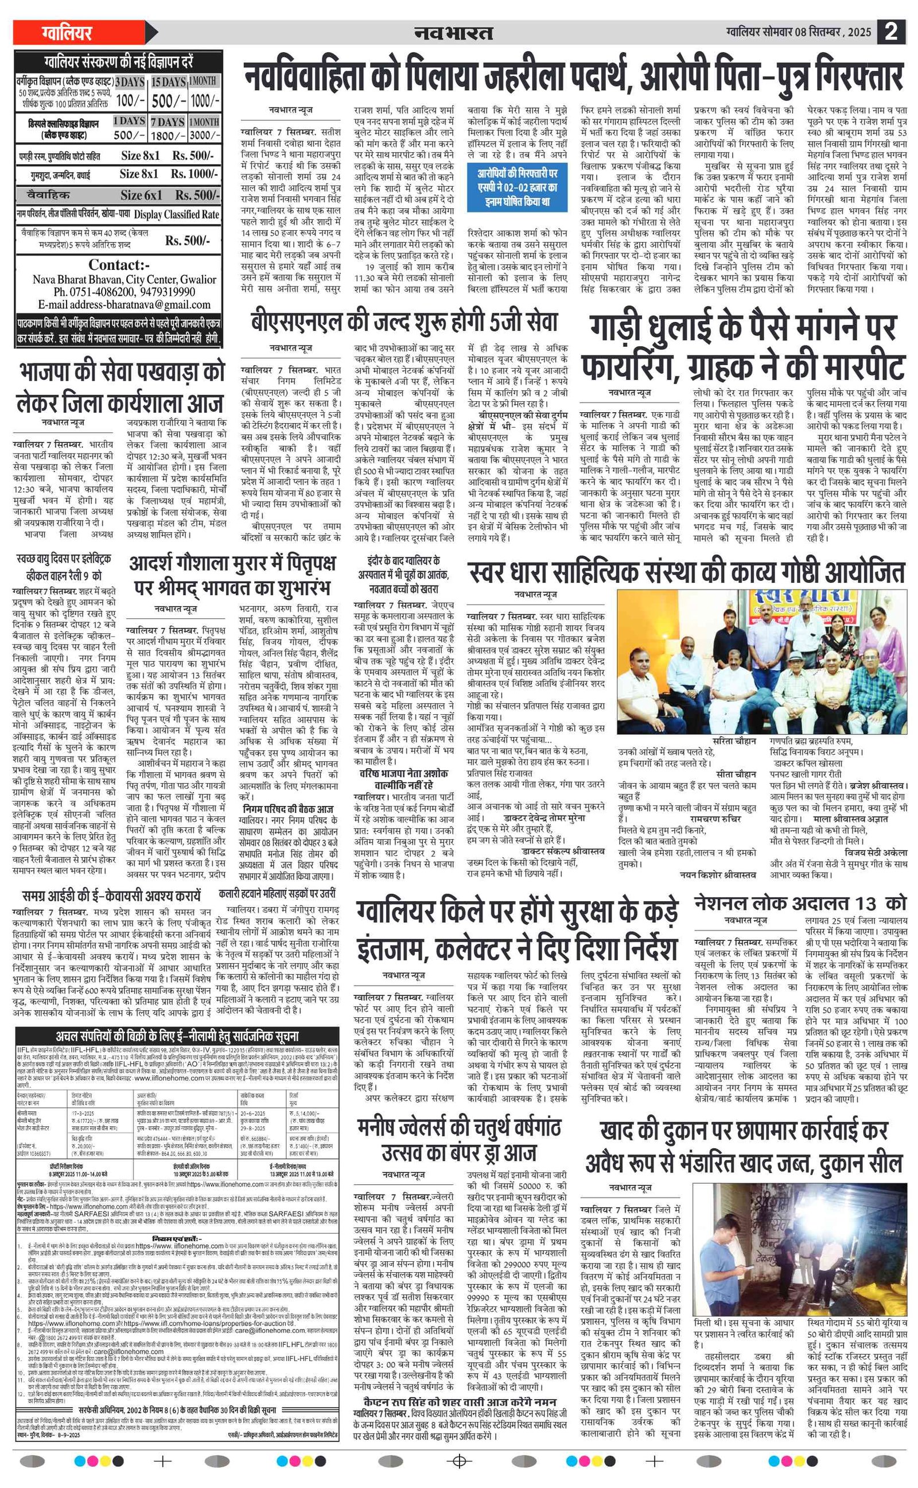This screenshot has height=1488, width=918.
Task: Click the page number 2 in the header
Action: tap(890, 32)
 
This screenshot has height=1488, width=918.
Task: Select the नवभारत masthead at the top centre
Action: tap(453, 33)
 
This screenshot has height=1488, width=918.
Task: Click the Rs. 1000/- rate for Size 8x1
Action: tap(193, 175)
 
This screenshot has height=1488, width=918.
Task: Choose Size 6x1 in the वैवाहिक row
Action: tap(141, 195)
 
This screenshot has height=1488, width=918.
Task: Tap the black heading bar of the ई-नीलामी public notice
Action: tap(177, 1036)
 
